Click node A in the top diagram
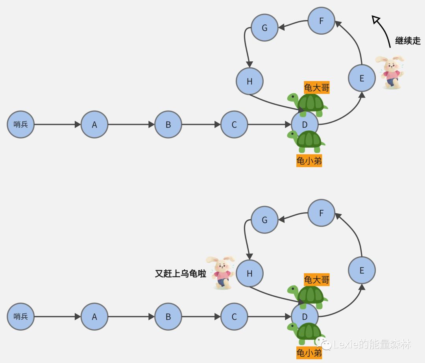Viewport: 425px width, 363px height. [x=94, y=124]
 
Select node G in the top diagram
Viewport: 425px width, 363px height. [x=264, y=28]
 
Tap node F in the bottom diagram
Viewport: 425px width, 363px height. [x=321, y=213]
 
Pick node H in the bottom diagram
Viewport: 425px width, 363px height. [x=249, y=274]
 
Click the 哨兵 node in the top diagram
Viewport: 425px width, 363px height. [x=21, y=124]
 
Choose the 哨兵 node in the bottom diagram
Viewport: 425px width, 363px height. [x=21, y=317]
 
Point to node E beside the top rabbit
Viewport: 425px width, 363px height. [x=362, y=78]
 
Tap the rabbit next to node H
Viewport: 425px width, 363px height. [x=222, y=272]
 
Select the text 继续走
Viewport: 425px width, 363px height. [x=408, y=41]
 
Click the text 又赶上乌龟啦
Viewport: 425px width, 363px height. [x=181, y=274]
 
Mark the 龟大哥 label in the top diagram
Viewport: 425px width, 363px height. [x=316, y=87]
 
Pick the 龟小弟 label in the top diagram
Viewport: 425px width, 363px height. [x=309, y=161]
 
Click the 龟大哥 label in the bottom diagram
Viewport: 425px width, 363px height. [x=316, y=280]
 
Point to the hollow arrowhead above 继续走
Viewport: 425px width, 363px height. [x=376, y=19]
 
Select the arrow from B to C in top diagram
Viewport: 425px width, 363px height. [x=201, y=124]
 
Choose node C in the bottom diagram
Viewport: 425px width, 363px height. [x=234, y=317]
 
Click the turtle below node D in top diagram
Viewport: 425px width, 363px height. [x=307, y=141]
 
